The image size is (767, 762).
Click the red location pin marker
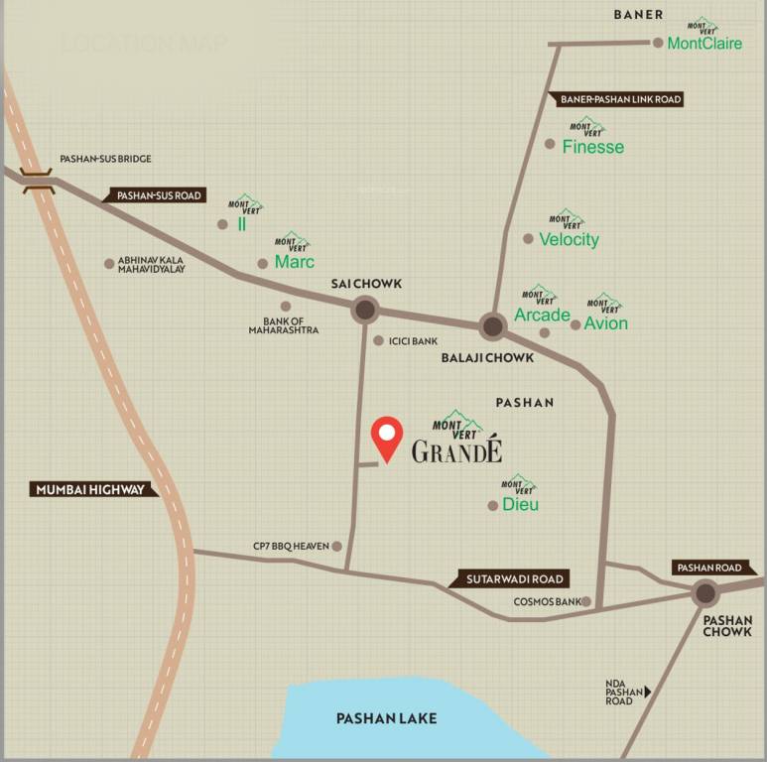pyautogui.click(x=386, y=437)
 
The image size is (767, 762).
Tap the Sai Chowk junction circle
pyautogui.click(x=365, y=311)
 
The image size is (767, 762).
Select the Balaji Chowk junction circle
pyautogui.click(x=492, y=325)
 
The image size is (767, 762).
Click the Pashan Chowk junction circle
pyautogui.click(x=705, y=593)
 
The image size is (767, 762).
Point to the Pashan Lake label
pyautogui.click(x=386, y=718)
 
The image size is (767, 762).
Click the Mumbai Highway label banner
pyautogui.click(x=91, y=489)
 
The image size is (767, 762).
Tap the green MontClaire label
pyautogui.click(x=704, y=44)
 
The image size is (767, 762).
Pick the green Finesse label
pyautogui.click(x=593, y=147)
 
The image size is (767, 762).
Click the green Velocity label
pyautogui.click(x=569, y=239)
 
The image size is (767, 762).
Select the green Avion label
pyautogui.click(x=605, y=323)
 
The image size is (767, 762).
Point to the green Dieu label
pyautogui.click(x=520, y=504)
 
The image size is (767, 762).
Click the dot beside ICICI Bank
pyautogui.click(x=378, y=340)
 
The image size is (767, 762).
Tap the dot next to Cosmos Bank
pyautogui.click(x=587, y=601)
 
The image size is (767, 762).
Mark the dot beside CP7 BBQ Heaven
pyautogui.click(x=337, y=546)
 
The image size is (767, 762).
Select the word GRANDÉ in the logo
pyautogui.click(x=456, y=452)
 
